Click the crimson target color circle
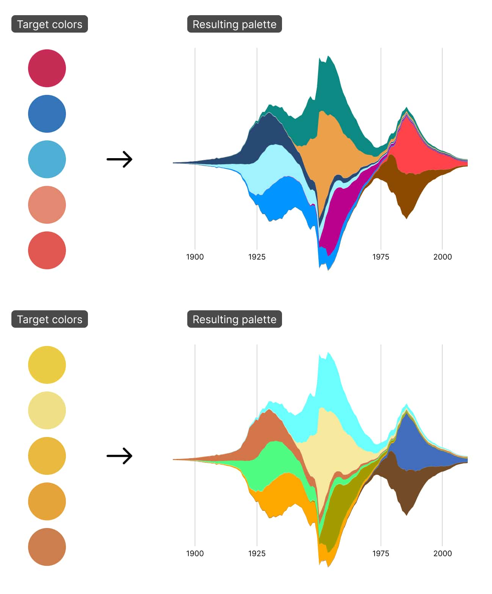[x=47, y=68]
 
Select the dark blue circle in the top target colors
[x=47, y=114]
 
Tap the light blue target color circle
[x=47, y=159]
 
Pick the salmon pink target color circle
[x=47, y=205]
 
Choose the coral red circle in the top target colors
[x=47, y=250]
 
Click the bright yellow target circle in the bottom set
[x=47, y=365]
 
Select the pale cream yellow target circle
[x=47, y=410]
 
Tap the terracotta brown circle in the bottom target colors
[x=47, y=547]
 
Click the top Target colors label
[x=50, y=24]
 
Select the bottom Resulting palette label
[x=234, y=319]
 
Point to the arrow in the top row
[x=119, y=159]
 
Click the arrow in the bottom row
[x=119, y=456]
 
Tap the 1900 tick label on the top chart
[x=195, y=257]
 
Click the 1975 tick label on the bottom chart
[x=381, y=553]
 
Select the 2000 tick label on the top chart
[x=442, y=257]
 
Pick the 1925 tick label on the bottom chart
[x=257, y=553]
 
